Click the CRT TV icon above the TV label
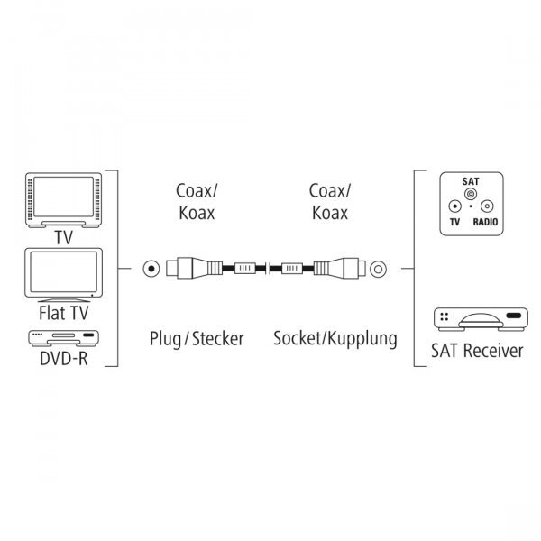tap(63, 200)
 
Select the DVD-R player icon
tap(63, 338)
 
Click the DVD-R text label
tap(64, 359)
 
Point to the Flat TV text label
tap(64, 313)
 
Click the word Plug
tap(165, 339)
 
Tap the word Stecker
tap(217, 339)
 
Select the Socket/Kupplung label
tap(335, 339)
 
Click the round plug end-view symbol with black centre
tap(151, 269)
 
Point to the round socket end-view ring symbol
tap(378, 269)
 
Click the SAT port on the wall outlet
tap(471, 194)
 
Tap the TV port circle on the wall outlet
tap(454, 206)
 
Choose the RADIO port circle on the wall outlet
tap(487, 206)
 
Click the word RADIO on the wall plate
tap(485, 222)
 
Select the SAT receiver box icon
tap(481, 319)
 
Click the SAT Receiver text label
tap(477, 351)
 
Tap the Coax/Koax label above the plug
tap(197, 201)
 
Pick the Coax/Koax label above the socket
tap(330, 201)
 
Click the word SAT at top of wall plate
tap(471, 181)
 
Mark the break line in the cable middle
tap(268, 269)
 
